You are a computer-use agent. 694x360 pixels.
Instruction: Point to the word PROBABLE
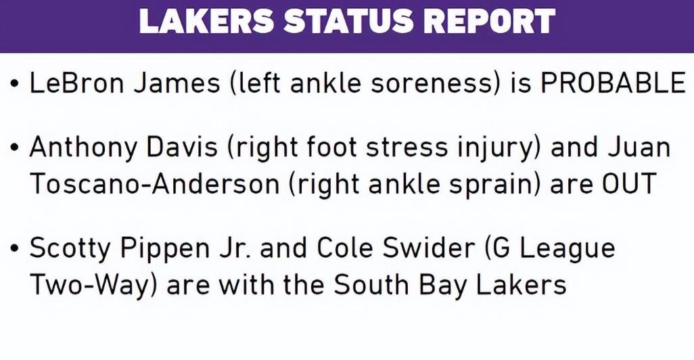tap(614, 83)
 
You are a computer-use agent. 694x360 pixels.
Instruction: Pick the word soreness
tap(432, 83)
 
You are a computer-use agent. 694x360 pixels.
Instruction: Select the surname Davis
tap(183, 147)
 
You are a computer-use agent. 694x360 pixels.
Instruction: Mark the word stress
tap(407, 148)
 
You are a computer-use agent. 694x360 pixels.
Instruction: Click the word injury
tap(500, 148)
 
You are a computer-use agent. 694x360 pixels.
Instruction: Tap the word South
tap(371, 284)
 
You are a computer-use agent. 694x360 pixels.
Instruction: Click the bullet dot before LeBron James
tap(16, 83)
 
